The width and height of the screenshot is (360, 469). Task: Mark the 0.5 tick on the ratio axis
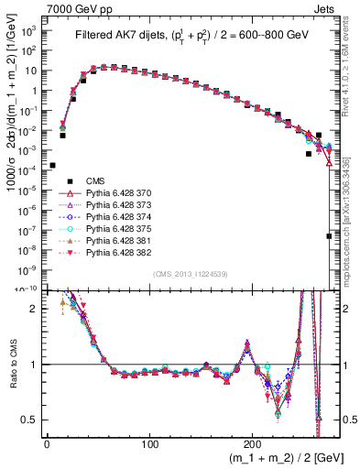pos(29,420)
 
